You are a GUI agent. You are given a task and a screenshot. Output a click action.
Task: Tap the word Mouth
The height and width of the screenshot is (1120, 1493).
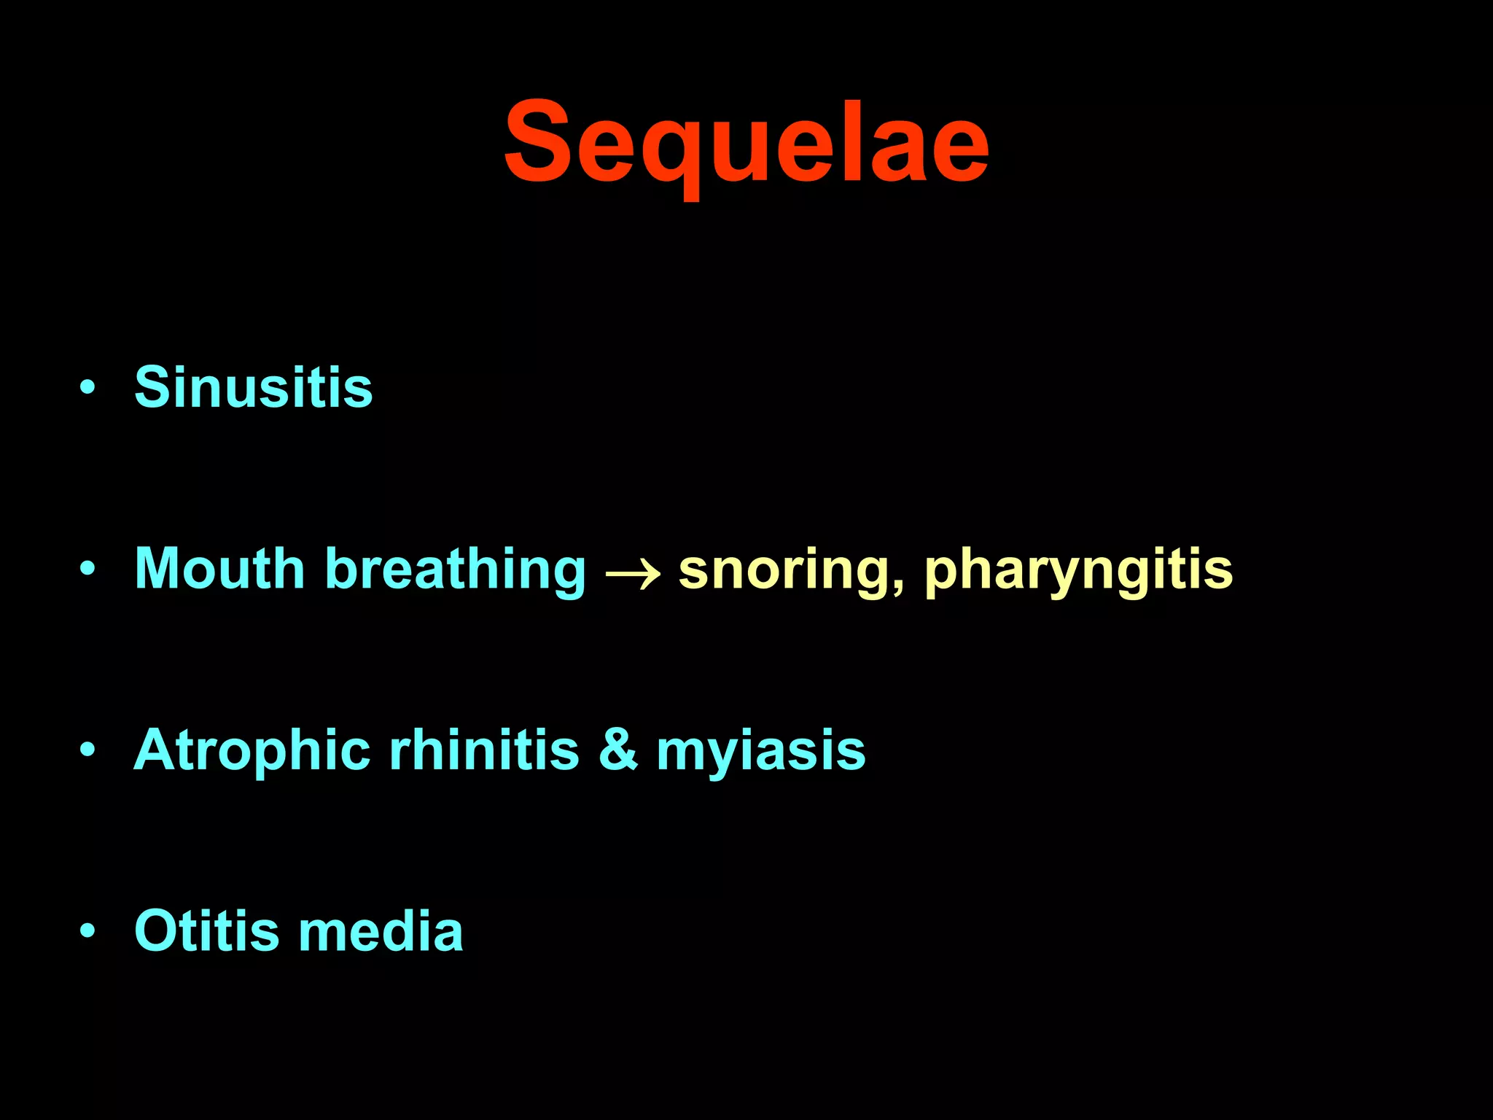tap(219, 568)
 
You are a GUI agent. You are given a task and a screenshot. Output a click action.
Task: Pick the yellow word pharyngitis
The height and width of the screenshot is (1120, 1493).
tap(1078, 570)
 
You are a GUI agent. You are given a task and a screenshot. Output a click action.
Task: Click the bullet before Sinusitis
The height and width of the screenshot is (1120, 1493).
tap(87, 387)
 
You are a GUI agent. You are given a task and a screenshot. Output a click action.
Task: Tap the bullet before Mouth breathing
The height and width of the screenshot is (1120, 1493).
tap(87, 569)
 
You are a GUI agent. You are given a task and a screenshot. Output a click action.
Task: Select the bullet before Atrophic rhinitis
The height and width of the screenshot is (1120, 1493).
tap(87, 750)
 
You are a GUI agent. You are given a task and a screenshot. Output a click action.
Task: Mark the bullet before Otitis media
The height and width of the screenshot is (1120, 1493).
tap(87, 931)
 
